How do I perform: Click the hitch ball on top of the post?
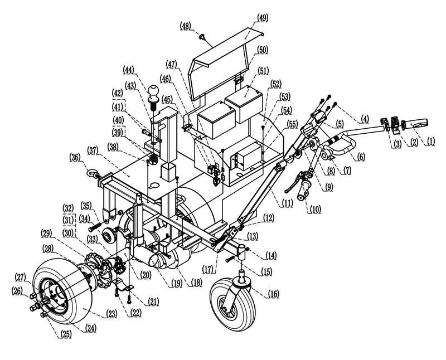(x=154, y=91)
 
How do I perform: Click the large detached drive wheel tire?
(x=62, y=292)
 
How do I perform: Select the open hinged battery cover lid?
(x=220, y=61)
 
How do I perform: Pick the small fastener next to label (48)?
(x=202, y=37)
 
